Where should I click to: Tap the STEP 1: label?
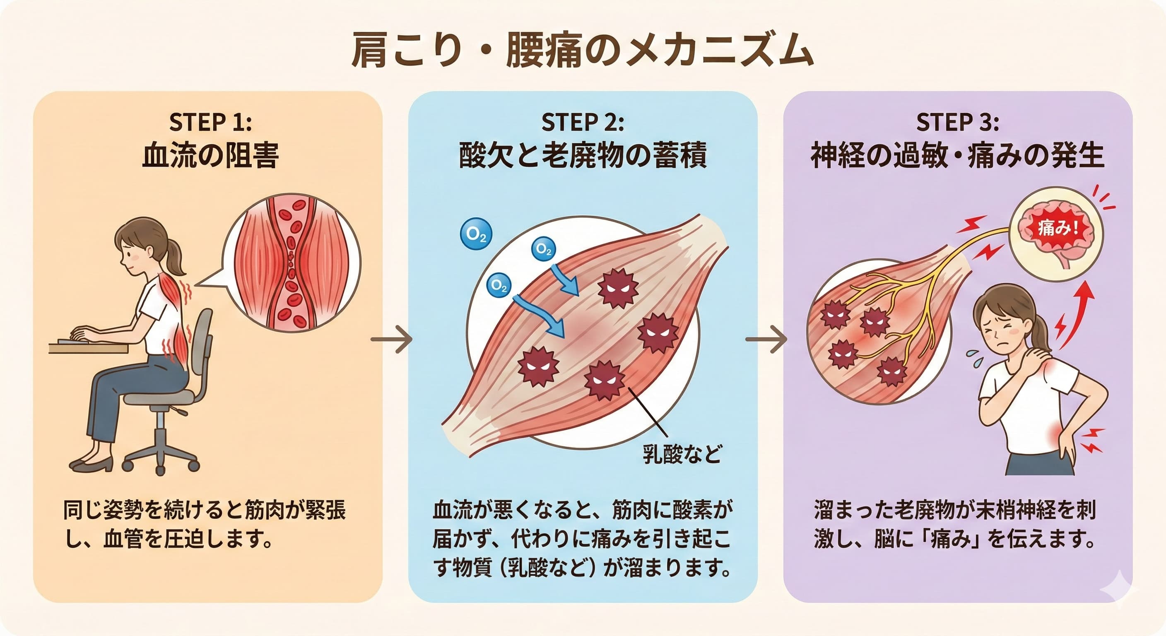point(210,122)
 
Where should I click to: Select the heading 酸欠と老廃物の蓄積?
point(583,156)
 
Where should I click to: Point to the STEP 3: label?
point(957,122)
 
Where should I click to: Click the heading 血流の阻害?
point(210,156)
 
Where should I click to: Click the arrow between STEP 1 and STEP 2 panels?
point(392,339)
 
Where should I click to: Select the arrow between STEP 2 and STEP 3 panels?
point(766,339)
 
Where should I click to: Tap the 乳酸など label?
point(682,453)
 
